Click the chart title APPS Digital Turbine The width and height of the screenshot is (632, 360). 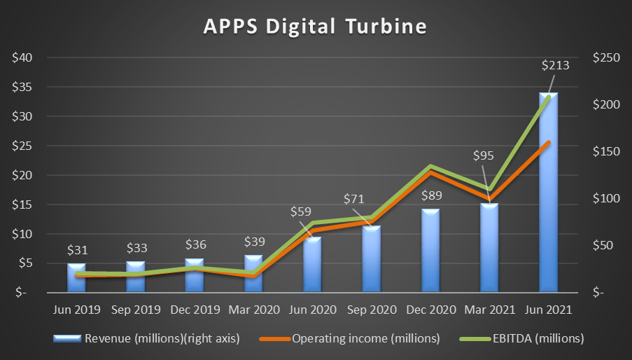click(x=314, y=26)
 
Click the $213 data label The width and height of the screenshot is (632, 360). click(x=555, y=66)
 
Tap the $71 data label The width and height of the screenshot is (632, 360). click(x=354, y=199)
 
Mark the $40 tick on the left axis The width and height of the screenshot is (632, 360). click(x=21, y=57)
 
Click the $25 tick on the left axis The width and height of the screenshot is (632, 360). click(x=21, y=146)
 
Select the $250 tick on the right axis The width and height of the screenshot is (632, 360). click(x=606, y=57)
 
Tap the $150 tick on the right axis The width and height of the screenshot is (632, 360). click(x=606, y=151)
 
